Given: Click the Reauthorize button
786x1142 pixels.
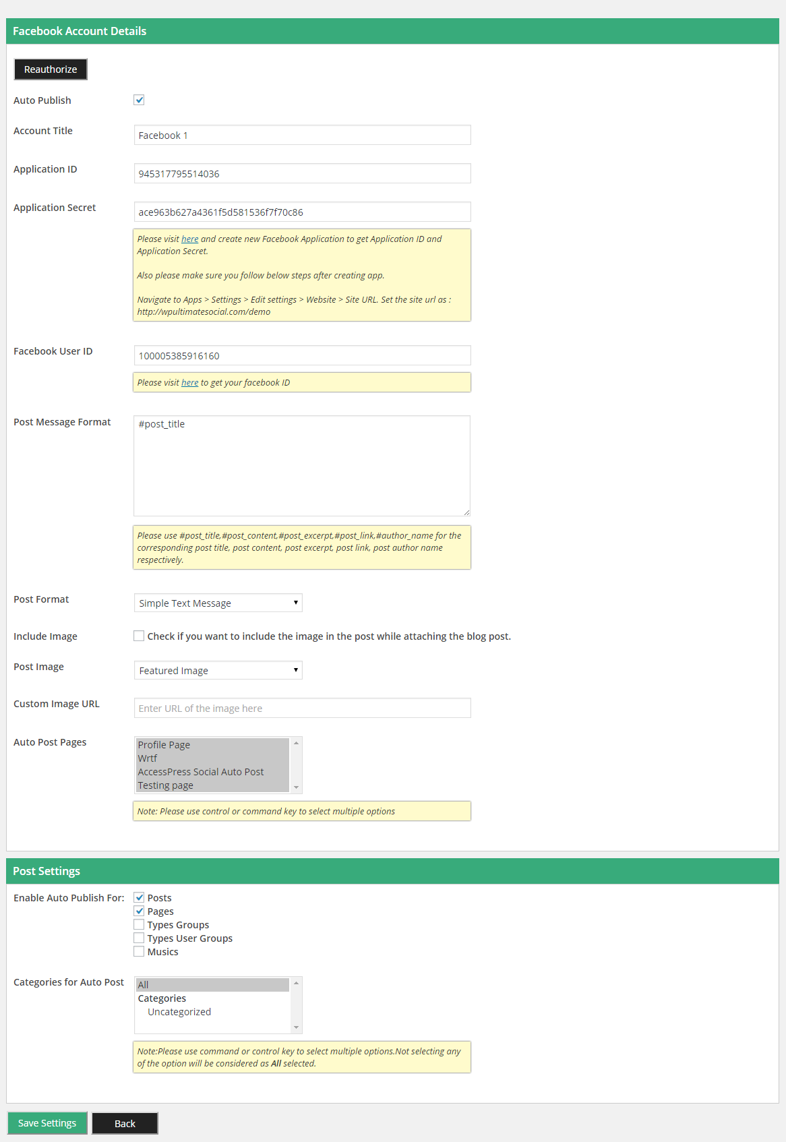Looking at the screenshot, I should click(x=51, y=69).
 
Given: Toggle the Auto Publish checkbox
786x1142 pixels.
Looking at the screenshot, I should click(x=139, y=100).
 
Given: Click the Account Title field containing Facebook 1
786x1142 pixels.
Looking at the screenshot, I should click(x=302, y=135).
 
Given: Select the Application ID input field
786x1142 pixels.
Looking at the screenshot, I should click(x=302, y=173).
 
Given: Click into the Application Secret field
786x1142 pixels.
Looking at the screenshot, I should click(x=302, y=212).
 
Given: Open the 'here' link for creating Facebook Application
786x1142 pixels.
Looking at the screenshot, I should click(x=189, y=239).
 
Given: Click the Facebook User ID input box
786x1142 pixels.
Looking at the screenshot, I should click(x=302, y=355).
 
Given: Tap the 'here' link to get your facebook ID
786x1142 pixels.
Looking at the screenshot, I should click(x=189, y=383).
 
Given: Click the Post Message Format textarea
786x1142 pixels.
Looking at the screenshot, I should click(x=302, y=465).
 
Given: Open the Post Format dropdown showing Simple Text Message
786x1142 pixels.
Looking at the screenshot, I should click(x=218, y=603).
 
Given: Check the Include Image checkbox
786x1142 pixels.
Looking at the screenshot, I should click(x=139, y=636).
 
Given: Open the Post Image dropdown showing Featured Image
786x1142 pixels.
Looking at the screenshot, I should click(x=218, y=670).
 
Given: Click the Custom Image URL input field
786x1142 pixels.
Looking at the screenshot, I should click(x=302, y=708).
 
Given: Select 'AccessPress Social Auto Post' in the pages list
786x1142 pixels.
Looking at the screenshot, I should click(x=201, y=772).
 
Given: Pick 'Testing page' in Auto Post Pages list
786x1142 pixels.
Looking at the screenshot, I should click(x=166, y=785).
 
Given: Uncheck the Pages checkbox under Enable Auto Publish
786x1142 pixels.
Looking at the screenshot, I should click(x=139, y=911).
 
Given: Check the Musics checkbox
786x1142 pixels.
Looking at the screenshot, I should click(x=139, y=951).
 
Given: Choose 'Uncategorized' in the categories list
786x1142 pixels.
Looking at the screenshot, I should click(x=179, y=1012).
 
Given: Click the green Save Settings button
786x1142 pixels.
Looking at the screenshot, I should click(x=47, y=1123).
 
